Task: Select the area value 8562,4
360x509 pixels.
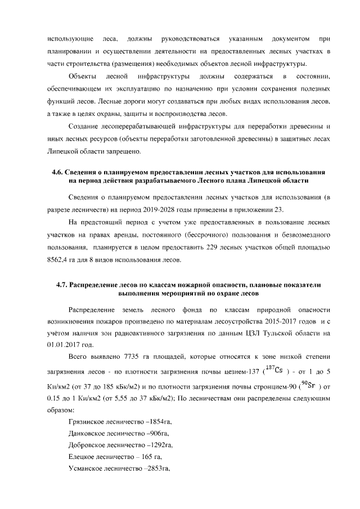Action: point(60,259)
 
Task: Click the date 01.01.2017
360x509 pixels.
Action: point(66,345)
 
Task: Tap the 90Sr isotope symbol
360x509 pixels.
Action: point(309,384)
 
